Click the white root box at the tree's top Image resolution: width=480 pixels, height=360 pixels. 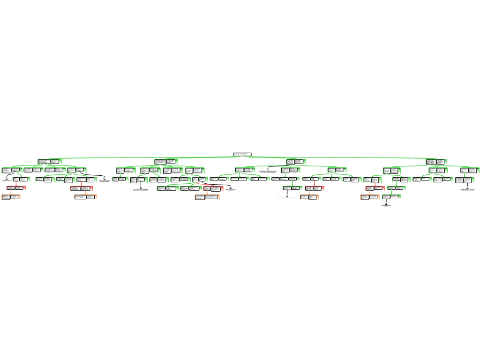pyautogui.click(x=242, y=154)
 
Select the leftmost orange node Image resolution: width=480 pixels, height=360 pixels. pyautogui.click(x=11, y=197)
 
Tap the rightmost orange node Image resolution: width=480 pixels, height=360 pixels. pyautogui.click(x=370, y=197)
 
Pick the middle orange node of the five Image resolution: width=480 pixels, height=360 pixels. pyautogui.click(x=207, y=197)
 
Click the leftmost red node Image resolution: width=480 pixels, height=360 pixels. pyautogui.click(x=16, y=188)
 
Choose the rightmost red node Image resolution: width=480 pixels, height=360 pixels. pyautogui.click(x=375, y=188)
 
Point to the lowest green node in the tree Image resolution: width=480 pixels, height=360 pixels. pyautogui.click(x=391, y=197)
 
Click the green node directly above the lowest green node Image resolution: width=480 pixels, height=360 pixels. pyautogui.click(x=396, y=188)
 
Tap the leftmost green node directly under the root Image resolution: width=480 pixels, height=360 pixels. pyautogui.click(x=49, y=162)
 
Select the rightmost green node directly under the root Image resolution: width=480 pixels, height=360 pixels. pyautogui.click(x=436, y=162)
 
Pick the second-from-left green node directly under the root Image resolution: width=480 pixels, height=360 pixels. pyautogui.click(x=165, y=162)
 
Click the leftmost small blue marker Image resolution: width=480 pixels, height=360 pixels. pyautogui.click(x=7, y=178)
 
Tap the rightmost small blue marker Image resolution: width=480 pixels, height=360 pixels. pyautogui.click(x=467, y=187)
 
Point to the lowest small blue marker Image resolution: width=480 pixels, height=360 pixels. pyautogui.click(x=386, y=203)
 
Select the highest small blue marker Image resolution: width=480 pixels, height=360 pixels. pyautogui.click(x=268, y=168)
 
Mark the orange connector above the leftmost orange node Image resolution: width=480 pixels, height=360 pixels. pyautogui.click(x=11, y=192)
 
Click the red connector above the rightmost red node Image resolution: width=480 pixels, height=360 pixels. pyautogui.click(x=375, y=184)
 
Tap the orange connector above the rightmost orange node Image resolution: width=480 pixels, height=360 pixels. pyautogui.click(x=370, y=193)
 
